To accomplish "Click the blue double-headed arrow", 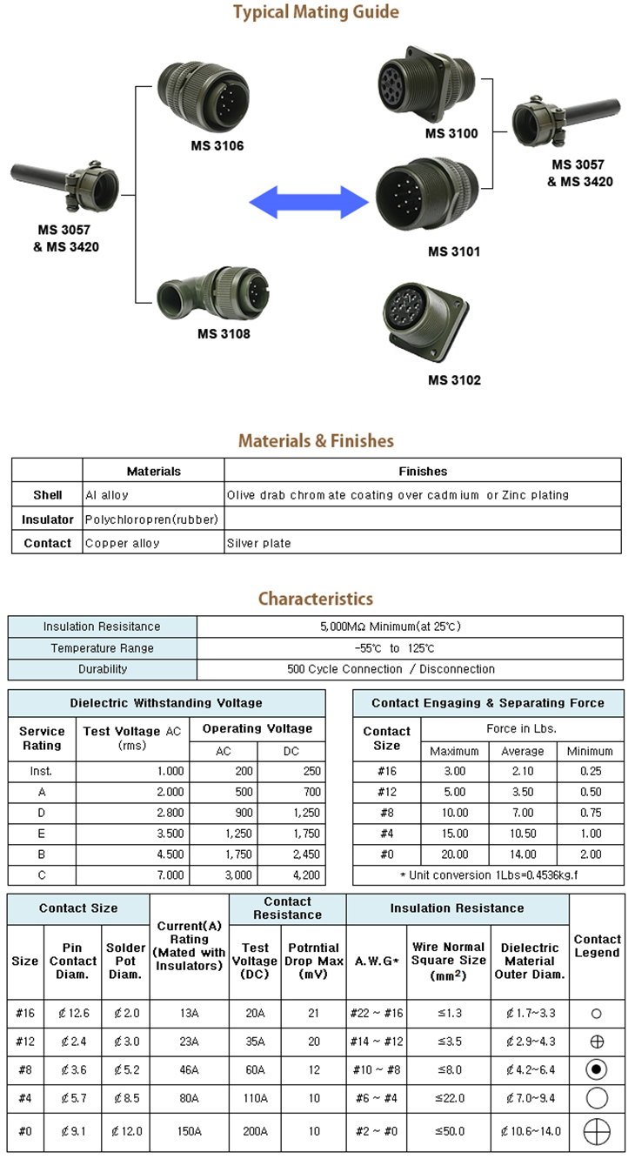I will coord(308,204).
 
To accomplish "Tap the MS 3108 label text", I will coord(224,333).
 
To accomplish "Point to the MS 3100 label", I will coord(451,133).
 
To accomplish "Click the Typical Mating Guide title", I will coord(317,12).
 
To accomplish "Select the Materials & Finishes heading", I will coord(316,440).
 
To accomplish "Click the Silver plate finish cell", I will coord(258,543).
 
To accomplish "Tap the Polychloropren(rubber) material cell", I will coord(151,519).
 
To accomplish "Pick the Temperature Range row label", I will coord(102,648).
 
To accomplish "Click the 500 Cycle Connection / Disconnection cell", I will coord(391,669).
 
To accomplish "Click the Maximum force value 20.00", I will coord(454,854).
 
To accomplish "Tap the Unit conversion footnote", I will coord(489,875).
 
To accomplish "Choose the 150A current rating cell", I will coord(189,1131).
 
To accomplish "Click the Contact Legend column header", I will coord(597,946).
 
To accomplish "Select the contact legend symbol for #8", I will coord(597,1069).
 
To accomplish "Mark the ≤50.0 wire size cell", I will coord(448,1131).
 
